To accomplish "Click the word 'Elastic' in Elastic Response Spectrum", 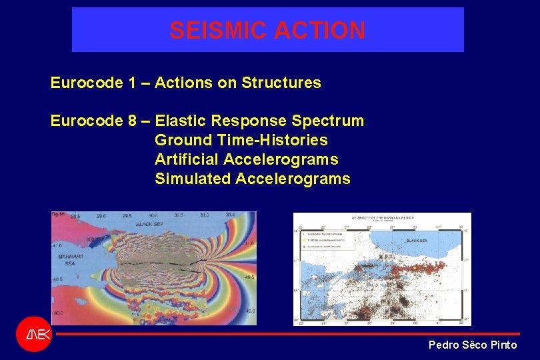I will click(180, 121).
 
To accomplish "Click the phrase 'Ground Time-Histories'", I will click(241, 141).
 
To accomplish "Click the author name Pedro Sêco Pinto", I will click(472, 345).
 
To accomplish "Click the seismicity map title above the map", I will click(382, 218).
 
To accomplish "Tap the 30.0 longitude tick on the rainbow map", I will click(153, 216).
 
